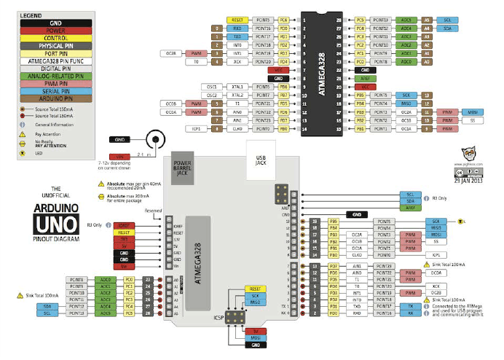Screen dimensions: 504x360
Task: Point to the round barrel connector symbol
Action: click(153, 138)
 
